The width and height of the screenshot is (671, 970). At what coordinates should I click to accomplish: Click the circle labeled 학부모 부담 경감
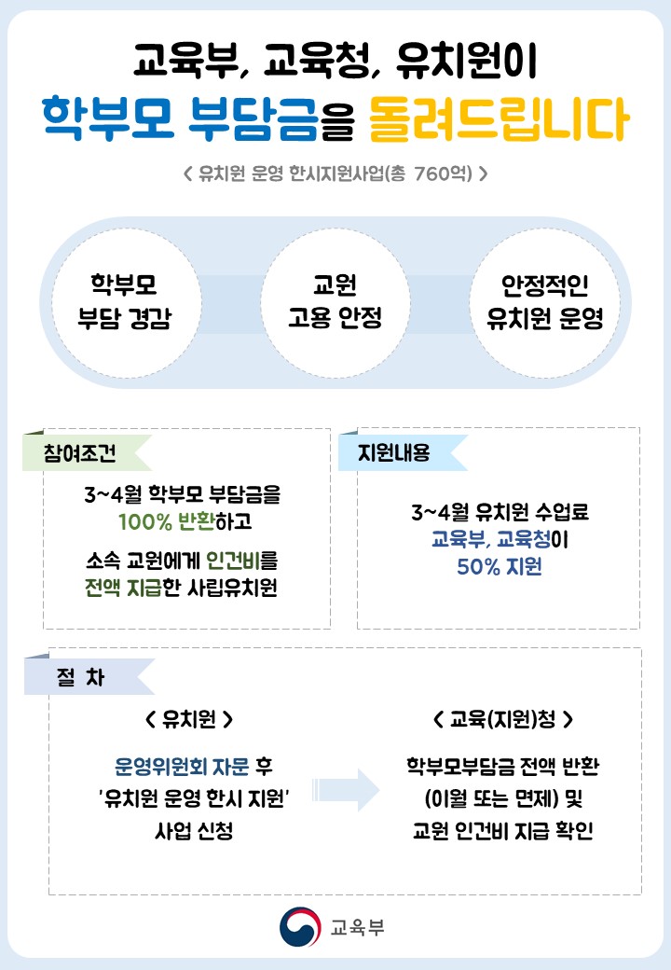[125, 302]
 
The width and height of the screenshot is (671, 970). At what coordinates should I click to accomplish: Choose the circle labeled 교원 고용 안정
[335, 302]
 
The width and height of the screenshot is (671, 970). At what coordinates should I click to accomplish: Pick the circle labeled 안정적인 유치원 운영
[545, 302]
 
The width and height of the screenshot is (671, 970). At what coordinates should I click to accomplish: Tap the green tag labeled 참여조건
[80, 453]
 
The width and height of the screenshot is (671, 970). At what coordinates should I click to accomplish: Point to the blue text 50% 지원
[499, 566]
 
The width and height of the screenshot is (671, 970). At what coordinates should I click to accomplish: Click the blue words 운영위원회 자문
[182, 767]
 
